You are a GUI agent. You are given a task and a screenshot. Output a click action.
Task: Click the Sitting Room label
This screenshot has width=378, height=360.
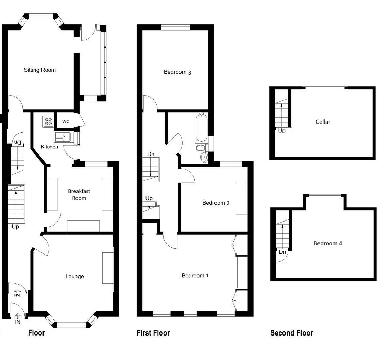pos(40,70)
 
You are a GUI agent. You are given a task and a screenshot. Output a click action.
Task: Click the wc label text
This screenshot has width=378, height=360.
pos(66,121)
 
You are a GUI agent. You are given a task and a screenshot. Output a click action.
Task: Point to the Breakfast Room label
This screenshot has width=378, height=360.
pos(77,195)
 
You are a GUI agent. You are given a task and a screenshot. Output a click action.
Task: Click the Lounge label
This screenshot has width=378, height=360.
pos(74,276)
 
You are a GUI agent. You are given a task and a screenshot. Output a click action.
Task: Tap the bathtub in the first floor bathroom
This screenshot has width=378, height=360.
pos(201,128)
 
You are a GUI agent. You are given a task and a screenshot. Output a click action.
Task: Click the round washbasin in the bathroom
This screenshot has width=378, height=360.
pos(204,157)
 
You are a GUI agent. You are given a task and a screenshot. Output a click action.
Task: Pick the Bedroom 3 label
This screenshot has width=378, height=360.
pos(177,72)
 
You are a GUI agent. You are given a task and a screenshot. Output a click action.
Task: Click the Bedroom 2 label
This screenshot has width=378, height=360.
pos(216,203)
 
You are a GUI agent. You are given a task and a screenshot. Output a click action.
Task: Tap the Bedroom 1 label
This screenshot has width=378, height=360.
pos(195,276)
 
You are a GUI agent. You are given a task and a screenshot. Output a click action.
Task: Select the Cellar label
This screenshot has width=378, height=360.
pos(323,122)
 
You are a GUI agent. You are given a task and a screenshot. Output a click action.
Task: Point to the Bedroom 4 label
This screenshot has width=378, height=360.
pos(328,243)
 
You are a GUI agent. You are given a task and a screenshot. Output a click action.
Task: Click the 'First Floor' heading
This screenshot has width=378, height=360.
pos(153,333)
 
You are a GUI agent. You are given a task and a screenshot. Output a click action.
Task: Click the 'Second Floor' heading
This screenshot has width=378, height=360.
pos(291,333)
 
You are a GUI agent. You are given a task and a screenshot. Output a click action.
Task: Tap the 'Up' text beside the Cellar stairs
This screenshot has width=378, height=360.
pos(282,131)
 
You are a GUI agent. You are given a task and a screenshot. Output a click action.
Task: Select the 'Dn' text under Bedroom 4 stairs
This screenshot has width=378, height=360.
pos(282,252)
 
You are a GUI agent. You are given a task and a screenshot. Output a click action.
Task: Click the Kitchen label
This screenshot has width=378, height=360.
pos(50,147)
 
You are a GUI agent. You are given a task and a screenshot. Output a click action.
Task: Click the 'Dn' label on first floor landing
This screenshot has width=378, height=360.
pos(151,154)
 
